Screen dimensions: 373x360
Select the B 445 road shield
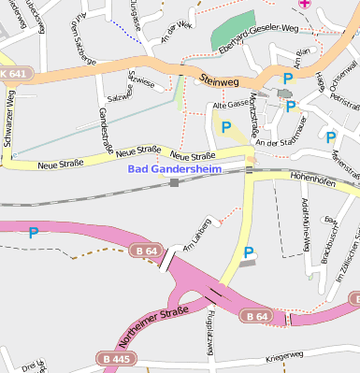pos(117,359)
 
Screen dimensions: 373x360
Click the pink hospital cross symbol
pos(304,5)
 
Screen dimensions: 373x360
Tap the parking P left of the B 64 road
pos(34,233)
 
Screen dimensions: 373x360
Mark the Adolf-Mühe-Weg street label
pos(305,224)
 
